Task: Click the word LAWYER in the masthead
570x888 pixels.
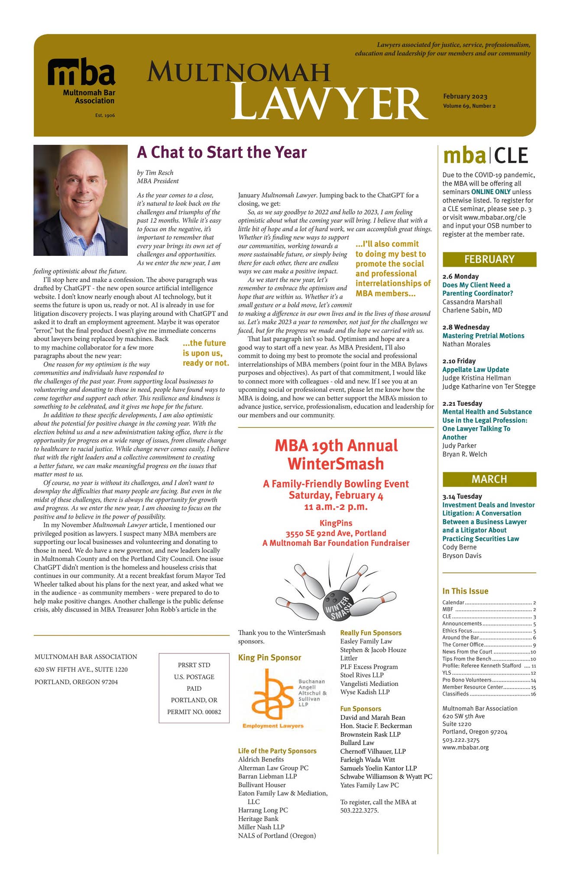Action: pos(327,104)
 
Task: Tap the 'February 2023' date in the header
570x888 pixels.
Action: pos(465,97)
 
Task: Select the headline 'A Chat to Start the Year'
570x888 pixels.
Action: pos(221,153)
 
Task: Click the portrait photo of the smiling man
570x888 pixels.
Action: pos(81,200)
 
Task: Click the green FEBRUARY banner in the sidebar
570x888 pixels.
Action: pos(489,259)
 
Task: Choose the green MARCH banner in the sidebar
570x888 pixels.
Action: pos(489,479)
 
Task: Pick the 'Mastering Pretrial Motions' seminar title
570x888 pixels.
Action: pos(483,336)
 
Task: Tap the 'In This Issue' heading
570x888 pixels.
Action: pos(465,591)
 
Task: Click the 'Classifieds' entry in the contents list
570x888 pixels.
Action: pos(455,694)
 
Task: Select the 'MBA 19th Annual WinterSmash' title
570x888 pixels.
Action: pos(336,454)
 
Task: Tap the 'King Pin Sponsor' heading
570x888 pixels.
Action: pos(269,658)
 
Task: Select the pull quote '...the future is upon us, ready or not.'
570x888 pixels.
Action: pos(205,353)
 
